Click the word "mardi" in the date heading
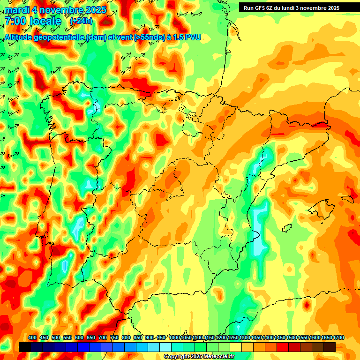[16, 9]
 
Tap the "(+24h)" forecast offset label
[81, 21]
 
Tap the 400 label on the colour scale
[32, 337]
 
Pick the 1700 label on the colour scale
[326, 337]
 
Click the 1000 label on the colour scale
[174, 337]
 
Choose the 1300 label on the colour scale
[245, 337]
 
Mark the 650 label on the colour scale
[91, 337]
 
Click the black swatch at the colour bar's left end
[25, 347]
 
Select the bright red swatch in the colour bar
[283, 347]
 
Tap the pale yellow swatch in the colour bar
[236, 347]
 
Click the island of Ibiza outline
[287, 227]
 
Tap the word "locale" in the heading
[45, 21]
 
